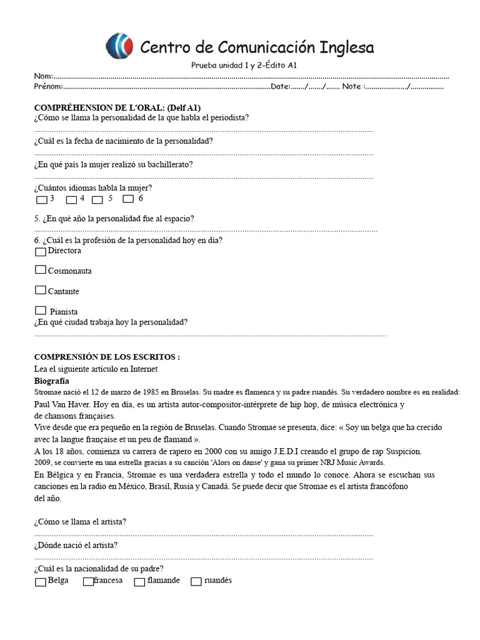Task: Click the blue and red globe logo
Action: click(x=119, y=46)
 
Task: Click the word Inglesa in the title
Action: click(x=347, y=47)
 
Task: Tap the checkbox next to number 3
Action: click(x=42, y=200)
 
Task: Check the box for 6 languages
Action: click(x=128, y=199)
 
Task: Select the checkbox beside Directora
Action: click(x=41, y=252)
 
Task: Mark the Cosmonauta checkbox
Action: click(x=41, y=270)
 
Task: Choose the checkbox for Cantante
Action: click(x=41, y=290)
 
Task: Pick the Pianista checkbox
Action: click(x=41, y=310)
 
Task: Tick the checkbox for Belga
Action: click(x=41, y=582)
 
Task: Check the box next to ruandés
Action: click(x=196, y=582)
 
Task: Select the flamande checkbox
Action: click(x=139, y=582)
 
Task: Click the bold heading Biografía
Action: click(x=51, y=381)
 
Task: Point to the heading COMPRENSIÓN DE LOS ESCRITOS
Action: click(x=107, y=357)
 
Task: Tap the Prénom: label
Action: click(x=48, y=87)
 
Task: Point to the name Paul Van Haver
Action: click(x=64, y=404)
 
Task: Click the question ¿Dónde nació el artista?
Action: click(x=76, y=545)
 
